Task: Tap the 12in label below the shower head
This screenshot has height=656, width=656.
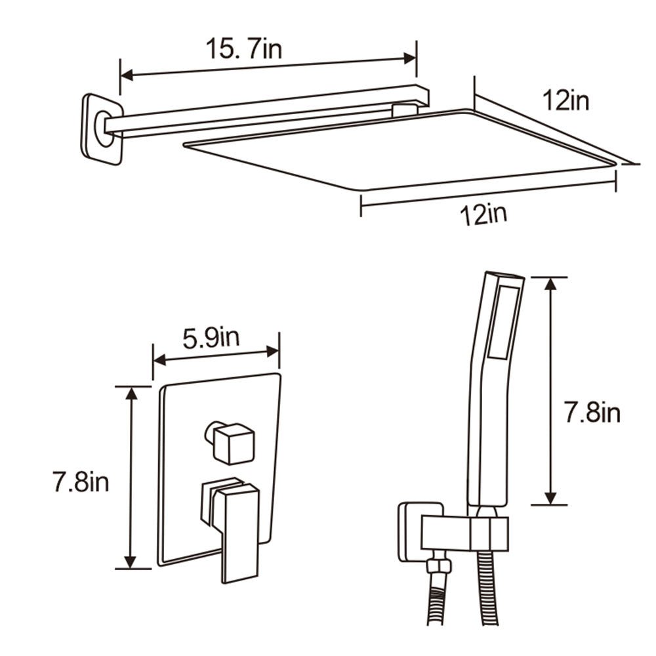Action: point(483,215)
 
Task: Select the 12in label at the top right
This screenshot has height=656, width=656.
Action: point(565,101)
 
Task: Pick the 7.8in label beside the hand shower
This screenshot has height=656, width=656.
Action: point(592,413)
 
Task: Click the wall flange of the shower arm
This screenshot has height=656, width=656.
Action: point(102,129)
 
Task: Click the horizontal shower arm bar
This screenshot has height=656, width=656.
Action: point(262,112)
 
